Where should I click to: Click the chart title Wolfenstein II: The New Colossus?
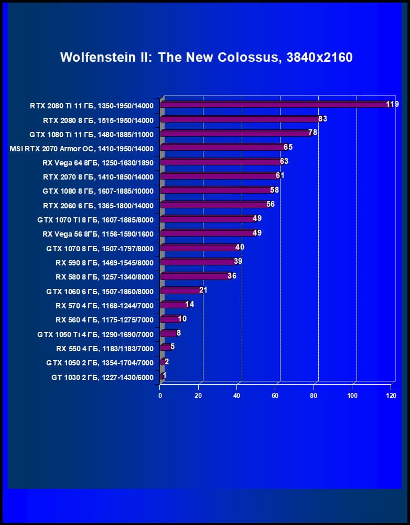206,57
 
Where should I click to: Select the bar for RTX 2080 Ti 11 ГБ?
275,105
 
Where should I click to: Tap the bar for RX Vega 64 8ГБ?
221,162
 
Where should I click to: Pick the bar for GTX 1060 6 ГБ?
181,291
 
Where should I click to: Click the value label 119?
392,104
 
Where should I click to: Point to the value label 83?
322,119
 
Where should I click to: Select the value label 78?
312,133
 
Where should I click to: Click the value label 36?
232,276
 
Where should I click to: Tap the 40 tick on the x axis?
237,396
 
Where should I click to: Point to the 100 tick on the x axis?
352,396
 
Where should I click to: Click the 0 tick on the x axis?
160,396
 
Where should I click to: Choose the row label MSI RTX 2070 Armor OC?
82,148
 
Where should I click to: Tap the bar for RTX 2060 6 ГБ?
215,205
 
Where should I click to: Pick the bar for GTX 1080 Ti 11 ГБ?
236,133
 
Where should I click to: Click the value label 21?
203,290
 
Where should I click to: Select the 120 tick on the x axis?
391,396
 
